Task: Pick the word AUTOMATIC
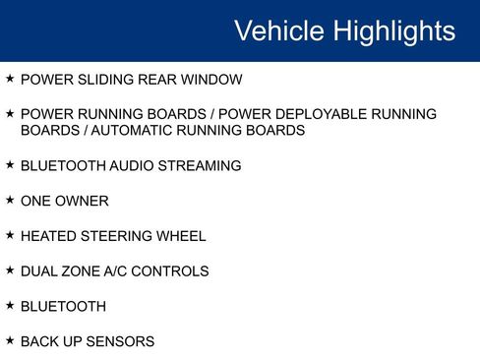pyautogui.click(x=127, y=130)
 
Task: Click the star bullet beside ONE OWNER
pyautogui.click(x=10, y=200)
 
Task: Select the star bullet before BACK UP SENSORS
pyautogui.click(x=10, y=340)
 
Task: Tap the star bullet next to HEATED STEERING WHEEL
pyautogui.click(x=10, y=235)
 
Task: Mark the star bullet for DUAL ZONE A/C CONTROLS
pyautogui.click(x=10, y=270)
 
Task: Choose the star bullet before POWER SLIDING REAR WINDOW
pyautogui.click(x=10, y=78)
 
